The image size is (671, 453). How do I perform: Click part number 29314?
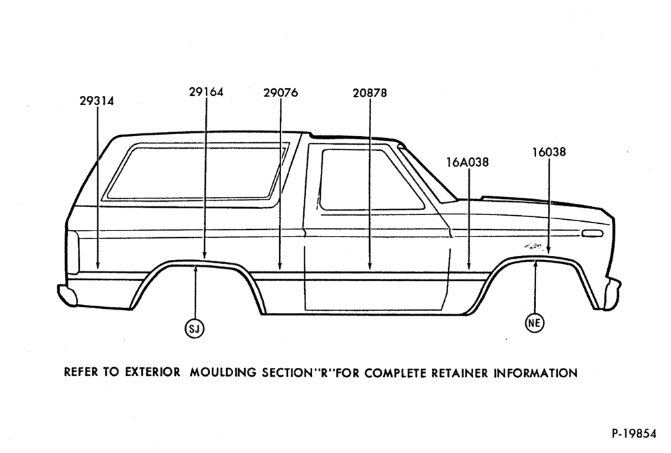97,101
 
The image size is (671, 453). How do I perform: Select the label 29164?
206,91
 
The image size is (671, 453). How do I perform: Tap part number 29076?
280,92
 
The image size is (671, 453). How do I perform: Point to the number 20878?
370,92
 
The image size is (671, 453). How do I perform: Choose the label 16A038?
467,162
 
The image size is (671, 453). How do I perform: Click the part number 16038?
549,151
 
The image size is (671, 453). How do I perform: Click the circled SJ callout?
195,328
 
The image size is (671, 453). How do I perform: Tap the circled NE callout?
535,322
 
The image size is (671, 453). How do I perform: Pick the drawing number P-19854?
634,434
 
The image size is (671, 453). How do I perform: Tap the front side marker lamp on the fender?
592,234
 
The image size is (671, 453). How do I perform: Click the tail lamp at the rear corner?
72,252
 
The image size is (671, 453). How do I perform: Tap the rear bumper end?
67,294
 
